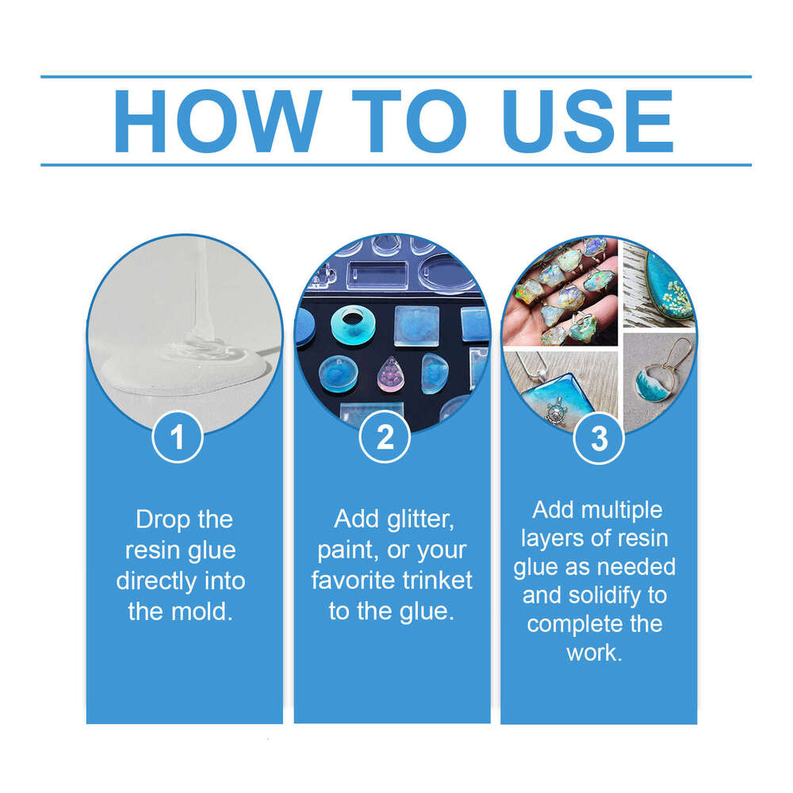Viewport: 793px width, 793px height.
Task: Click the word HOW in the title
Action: click(x=217, y=121)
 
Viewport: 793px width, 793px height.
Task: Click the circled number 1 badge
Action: click(x=178, y=438)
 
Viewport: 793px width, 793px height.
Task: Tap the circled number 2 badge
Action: click(x=385, y=438)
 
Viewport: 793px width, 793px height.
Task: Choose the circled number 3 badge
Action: click(x=600, y=438)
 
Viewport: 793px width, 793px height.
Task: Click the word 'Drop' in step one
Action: click(x=162, y=520)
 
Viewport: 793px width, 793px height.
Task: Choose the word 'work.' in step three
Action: click(x=594, y=653)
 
